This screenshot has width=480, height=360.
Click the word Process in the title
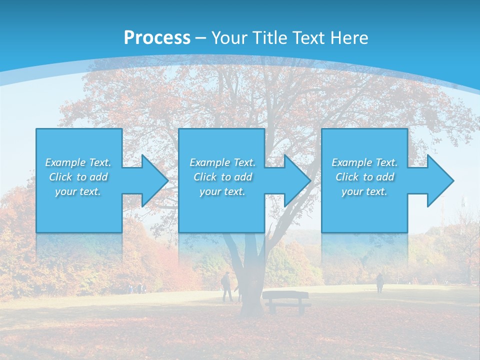click(157, 38)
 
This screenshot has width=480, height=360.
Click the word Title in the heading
click(270, 38)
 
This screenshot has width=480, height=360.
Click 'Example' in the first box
click(65, 162)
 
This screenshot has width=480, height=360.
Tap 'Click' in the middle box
click(205, 177)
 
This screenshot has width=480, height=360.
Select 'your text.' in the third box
click(364, 191)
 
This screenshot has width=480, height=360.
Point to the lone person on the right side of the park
click(380, 283)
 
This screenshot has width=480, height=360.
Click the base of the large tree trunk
click(253, 307)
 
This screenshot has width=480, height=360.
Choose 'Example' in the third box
click(351, 162)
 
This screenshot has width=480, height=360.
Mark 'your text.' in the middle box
click(222, 191)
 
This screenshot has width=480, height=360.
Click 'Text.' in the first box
click(99, 162)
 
